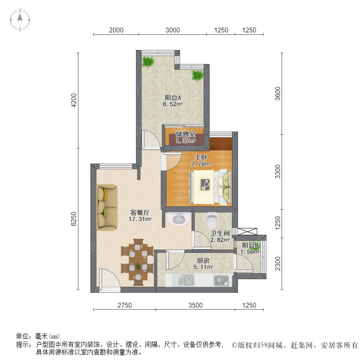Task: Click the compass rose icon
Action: point(20,20)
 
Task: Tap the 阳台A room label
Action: point(173,98)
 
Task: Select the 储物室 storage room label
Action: point(186,134)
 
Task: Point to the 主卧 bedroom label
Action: point(201,157)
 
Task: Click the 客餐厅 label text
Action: point(140,212)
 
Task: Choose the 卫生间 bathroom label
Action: point(220,233)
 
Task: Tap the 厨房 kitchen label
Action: point(203,260)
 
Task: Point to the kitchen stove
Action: point(221,280)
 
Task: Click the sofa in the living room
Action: point(107,207)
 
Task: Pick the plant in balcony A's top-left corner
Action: point(148,62)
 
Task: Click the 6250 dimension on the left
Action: point(74,219)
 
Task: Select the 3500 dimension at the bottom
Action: point(195,305)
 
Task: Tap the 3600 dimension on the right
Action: point(278,94)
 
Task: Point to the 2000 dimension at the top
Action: point(116,30)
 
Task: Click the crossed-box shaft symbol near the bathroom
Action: point(248,232)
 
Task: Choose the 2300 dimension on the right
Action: point(278,264)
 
